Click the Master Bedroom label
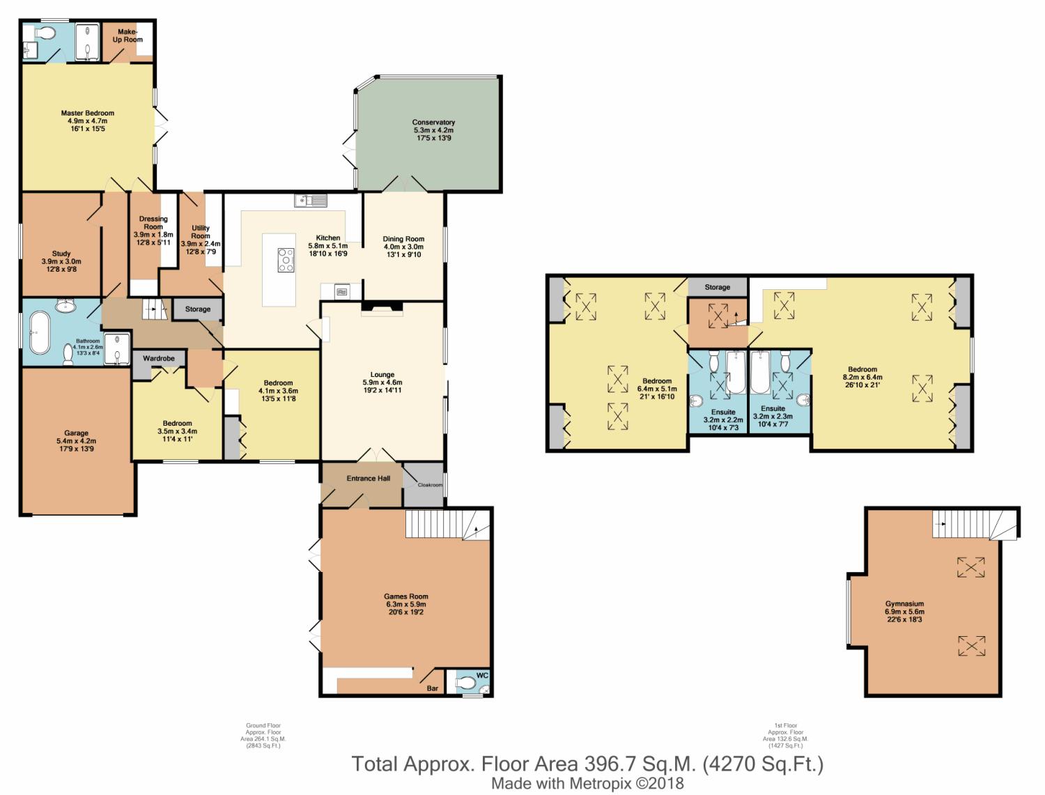tap(88, 114)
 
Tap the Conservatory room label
tap(433, 123)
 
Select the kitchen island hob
tap(286, 260)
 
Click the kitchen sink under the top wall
tap(311, 201)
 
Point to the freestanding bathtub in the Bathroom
tap(40, 332)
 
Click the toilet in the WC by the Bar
tap(465, 683)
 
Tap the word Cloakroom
tap(430, 485)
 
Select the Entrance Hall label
tap(368, 479)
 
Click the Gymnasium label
tap(904, 603)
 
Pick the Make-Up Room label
tap(127, 36)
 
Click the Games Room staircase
tap(447, 525)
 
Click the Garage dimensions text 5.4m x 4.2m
tap(76, 441)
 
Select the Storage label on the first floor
tap(717, 287)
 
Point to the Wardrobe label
tap(159, 358)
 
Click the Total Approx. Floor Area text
tap(587, 764)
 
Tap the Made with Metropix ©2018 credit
tap(587, 783)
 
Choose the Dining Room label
tap(403, 239)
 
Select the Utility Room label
tap(201, 232)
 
